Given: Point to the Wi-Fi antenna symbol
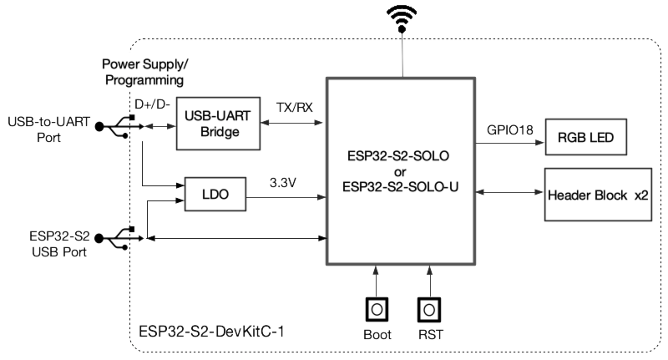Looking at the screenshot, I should click(402, 18).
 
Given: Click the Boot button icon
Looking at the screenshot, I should click(377, 309).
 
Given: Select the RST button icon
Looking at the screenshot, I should click(430, 309).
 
